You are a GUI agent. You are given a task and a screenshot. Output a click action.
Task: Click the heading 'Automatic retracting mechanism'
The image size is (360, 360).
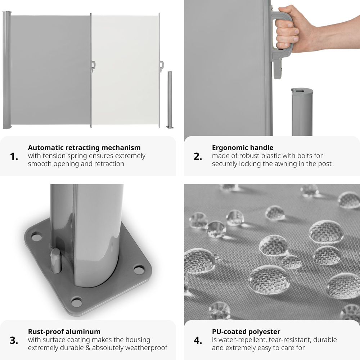coord(84,147)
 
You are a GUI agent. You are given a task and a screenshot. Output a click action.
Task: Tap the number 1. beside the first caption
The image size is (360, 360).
coord(14,157)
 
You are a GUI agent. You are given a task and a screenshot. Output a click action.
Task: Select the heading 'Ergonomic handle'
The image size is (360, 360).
coord(243,147)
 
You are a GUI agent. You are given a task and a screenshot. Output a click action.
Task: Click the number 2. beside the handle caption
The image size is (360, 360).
coord(198,157)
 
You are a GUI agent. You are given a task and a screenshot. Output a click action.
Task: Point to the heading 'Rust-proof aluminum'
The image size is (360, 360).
coord(64,332)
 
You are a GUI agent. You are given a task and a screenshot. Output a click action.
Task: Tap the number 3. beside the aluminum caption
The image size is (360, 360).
coord(14,341)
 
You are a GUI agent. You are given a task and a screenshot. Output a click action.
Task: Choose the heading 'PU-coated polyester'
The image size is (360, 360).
coord(246,332)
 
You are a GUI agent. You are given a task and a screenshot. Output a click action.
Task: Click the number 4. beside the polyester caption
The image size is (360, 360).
coord(198,341)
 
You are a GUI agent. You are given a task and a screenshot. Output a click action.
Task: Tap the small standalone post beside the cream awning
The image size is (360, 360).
coord(170,100)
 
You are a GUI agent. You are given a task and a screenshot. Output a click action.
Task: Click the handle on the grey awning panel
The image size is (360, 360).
coord(93,66)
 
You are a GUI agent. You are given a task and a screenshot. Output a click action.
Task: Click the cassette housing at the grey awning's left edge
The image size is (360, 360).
coord(6,70)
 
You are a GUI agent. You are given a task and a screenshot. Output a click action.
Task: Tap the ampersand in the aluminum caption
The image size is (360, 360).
coord(88,348)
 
